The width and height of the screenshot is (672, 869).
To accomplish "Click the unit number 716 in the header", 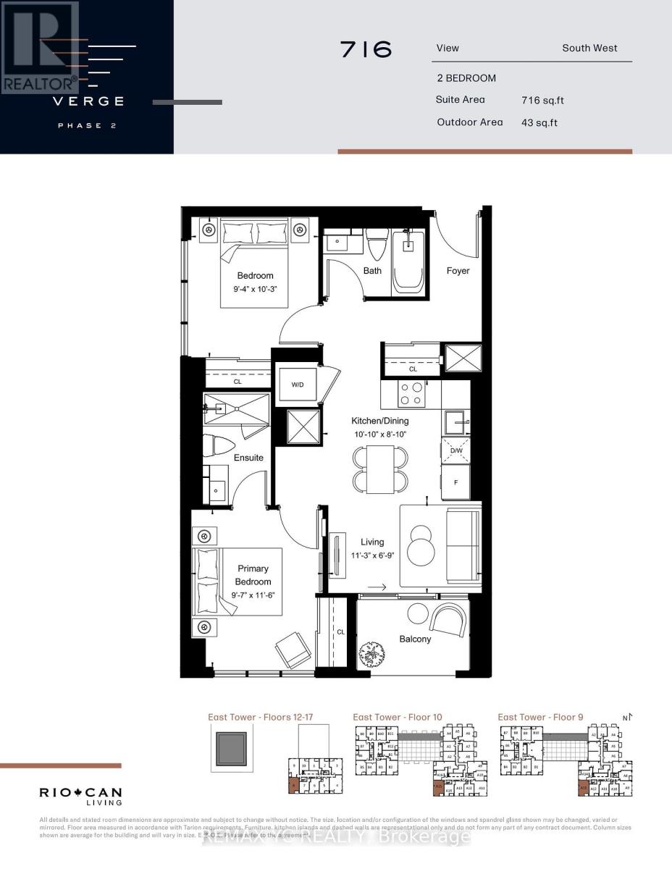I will click(x=366, y=49).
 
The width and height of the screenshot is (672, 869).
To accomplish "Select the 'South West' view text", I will click(x=589, y=49).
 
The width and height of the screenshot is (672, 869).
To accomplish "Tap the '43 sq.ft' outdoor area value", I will click(x=539, y=122).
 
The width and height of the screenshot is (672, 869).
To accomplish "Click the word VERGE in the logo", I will click(x=87, y=101).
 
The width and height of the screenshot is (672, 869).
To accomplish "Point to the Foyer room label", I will click(x=458, y=271).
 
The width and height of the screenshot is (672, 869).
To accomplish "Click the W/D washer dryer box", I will click(x=297, y=385).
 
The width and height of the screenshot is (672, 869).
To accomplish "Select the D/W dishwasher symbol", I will click(x=455, y=450).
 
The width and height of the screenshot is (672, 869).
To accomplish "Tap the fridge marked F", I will click(x=455, y=482).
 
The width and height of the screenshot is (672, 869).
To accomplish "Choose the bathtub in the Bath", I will click(x=408, y=263).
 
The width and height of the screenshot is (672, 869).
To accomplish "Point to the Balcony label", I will click(x=416, y=639).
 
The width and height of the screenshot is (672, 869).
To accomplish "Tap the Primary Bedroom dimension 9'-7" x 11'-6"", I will click(x=253, y=595).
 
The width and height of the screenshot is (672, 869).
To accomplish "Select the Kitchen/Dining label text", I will click(x=379, y=421).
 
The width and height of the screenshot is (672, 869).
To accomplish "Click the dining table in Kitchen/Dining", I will click(x=380, y=469).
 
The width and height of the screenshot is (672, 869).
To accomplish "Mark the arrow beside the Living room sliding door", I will click(x=375, y=587).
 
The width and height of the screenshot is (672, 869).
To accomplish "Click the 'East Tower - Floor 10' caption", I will click(x=398, y=717).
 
